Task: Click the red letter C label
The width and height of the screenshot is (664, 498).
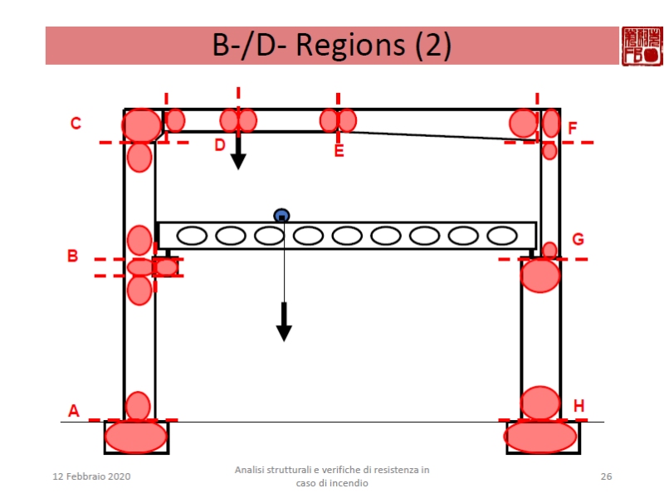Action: pyautogui.click(x=76, y=124)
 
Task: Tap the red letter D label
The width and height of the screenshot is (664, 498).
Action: pyautogui.click(x=219, y=144)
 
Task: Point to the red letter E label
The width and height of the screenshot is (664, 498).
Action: pyautogui.click(x=339, y=151)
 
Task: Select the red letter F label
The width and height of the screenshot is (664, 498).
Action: pyautogui.click(x=573, y=128)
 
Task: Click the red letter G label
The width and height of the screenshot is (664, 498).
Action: pyautogui.click(x=578, y=239)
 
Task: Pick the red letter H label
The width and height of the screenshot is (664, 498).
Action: pyautogui.click(x=579, y=406)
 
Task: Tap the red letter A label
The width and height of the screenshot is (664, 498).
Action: pyautogui.click(x=73, y=410)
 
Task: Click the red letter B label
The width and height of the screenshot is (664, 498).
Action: pyautogui.click(x=72, y=256)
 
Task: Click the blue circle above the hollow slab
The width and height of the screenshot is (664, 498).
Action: pyautogui.click(x=281, y=216)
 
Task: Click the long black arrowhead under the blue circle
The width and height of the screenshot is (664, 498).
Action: pyautogui.click(x=284, y=331)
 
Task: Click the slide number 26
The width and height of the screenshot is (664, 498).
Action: pyautogui.click(x=606, y=476)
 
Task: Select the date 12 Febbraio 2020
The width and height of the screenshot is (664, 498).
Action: pyautogui.click(x=91, y=476)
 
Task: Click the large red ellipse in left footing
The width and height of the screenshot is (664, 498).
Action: pyautogui.click(x=136, y=437)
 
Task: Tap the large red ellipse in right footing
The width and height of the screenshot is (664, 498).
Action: pyautogui.click(x=540, y=437)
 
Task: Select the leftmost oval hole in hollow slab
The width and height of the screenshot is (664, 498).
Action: pyautogui.click(x=192, y=236)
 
